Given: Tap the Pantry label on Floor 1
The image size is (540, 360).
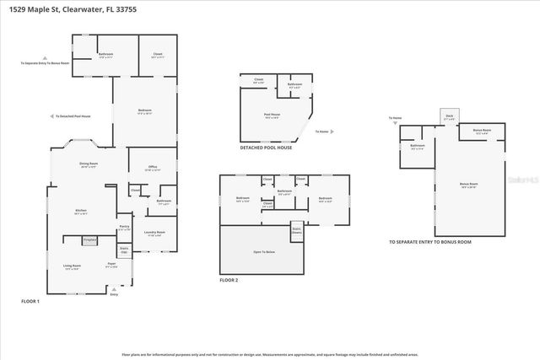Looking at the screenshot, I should pos(124,228).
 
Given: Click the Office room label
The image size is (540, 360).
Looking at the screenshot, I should pos(153,168).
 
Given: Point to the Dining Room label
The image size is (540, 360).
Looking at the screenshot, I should pos(89,164).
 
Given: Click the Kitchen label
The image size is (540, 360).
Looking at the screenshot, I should pos(80,212).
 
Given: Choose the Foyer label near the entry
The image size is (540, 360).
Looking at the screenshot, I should pos(111,265).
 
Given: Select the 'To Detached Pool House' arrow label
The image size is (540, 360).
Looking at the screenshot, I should pos(71,116).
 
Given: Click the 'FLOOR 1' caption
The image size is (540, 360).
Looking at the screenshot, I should pos(30,301).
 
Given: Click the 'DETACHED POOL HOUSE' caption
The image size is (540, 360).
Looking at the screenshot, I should pos(266,148).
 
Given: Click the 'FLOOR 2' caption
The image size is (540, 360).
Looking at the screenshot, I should pos(229,280).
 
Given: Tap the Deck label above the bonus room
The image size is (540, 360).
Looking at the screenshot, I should pos(450,117).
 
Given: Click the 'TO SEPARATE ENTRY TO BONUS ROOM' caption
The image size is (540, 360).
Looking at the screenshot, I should pos(429,242).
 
